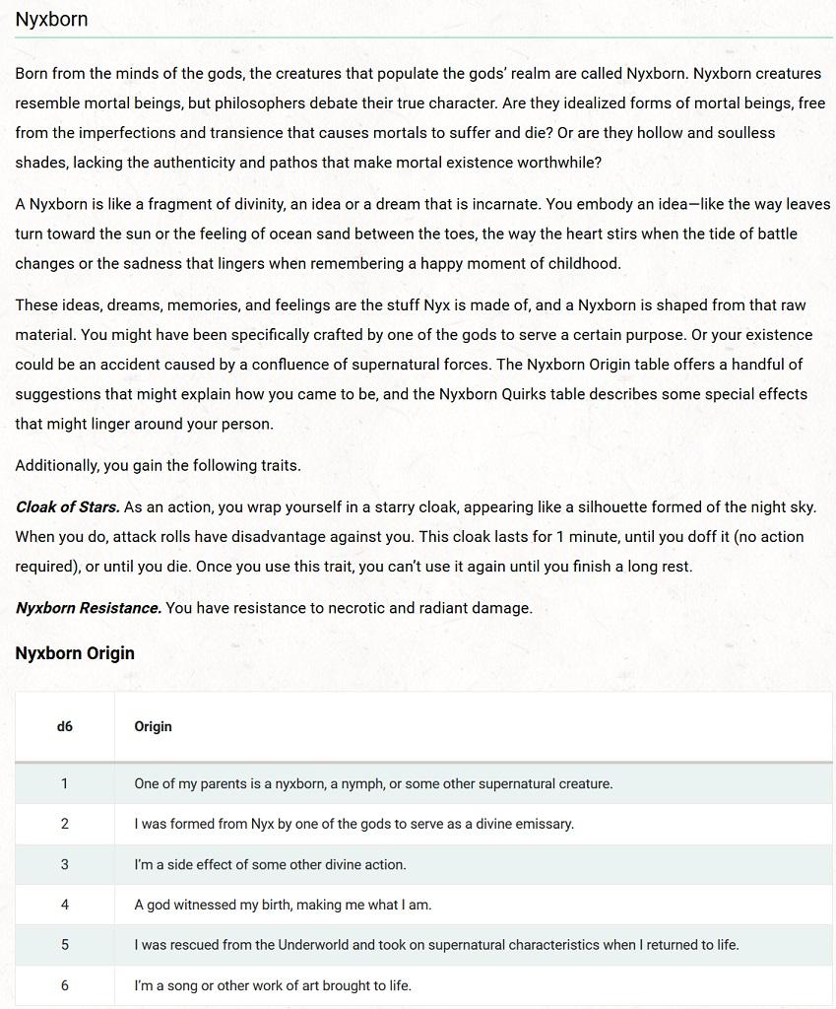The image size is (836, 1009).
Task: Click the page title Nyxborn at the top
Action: (51, 19)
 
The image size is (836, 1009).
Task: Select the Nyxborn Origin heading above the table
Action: (75, 653)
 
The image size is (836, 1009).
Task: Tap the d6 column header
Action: (65, 727)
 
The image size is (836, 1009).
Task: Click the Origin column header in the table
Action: (153, 727)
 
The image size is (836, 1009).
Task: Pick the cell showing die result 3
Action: (65, 865)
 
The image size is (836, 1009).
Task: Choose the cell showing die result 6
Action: (65, 985)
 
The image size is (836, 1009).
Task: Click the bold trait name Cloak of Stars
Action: (67, 507)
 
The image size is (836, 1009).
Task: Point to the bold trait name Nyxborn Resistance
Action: (88, 608)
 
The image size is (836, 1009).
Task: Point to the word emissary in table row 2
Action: (543, 824)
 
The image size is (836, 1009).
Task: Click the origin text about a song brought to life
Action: (273, 985)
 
